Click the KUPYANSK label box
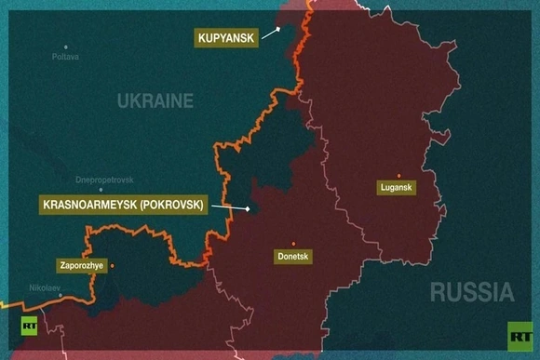[x=224, y=38]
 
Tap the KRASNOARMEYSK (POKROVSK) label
[x=121, y=206]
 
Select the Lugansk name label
[x=398, y=188]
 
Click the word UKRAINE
[x=155, y=100]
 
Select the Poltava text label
[x=65, y=58]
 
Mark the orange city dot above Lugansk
[x=398, y=174]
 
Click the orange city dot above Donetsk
[x=293, y=243]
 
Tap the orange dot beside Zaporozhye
[x=112, y=265]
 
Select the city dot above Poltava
[x=65, y=47]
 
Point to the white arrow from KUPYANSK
[x=271, y=33]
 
